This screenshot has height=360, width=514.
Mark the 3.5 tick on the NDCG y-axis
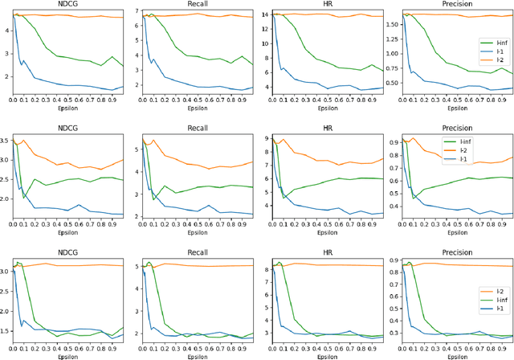point(6,141)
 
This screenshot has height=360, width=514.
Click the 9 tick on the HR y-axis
point(267,138)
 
